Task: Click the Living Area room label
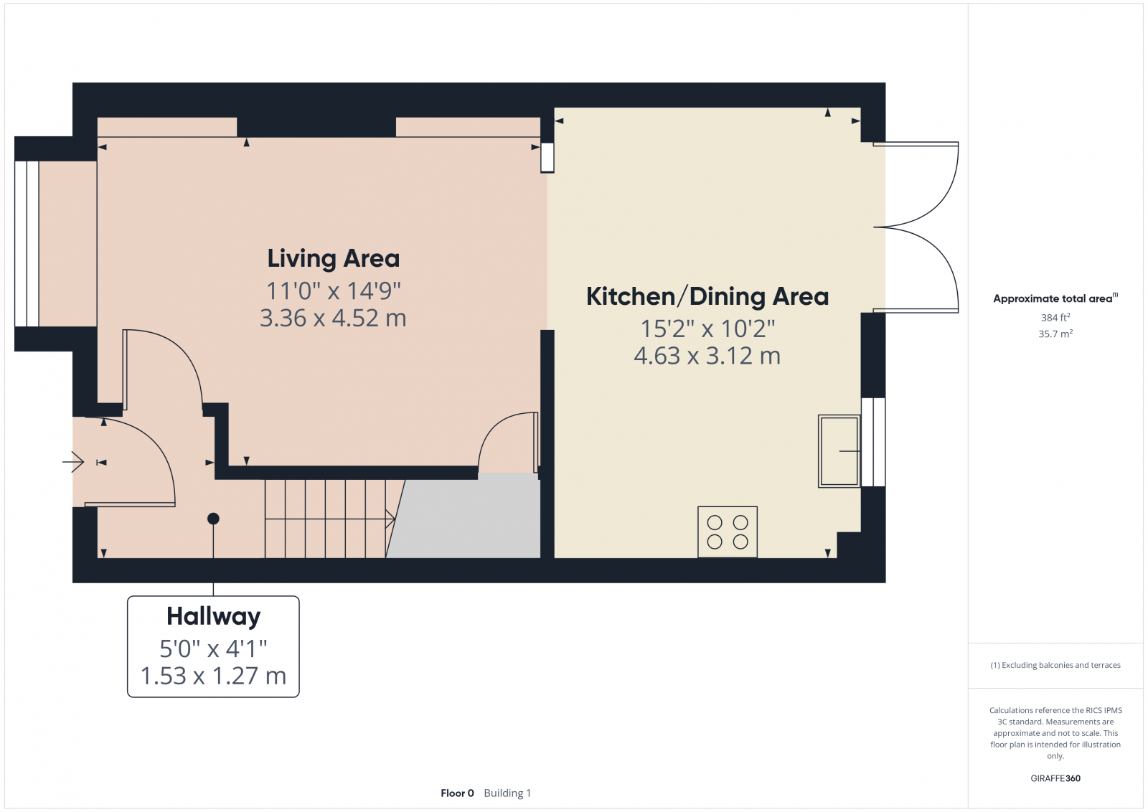pyautogui.click(x=333, y=258)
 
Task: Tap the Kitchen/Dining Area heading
pyautogui.click(x=707, y=296)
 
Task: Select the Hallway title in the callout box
pyautogui.click(x=213, y=616)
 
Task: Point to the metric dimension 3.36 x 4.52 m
pyautogui.click(x=333, y=318)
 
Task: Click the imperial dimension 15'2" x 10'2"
pyautogui.click(x=707, y=329)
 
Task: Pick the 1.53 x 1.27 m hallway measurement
pyautogui.click(x=213, y=676)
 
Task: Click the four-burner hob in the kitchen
pyautogui.click(x=728, y=532)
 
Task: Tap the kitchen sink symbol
pyautogui.click(x=839, y=451)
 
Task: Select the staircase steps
pyautogui.click(x=326, y=519)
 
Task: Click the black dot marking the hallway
pyautogui.click(x=213, y=519)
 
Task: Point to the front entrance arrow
pyautogui.click(x=73, y=462)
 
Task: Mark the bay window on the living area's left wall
pyautogui.click(x=27, y=244)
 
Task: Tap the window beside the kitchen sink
pyautogui.click(x=873, y=442)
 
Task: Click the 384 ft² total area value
pyautogui.click(x=1055, y=317)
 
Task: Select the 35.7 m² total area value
pyautogui.click(x=1055, y=334)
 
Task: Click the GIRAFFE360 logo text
pyautogui.click(x=1055, y=778)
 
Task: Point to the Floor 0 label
pyautogui.click(x=457, y=793)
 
